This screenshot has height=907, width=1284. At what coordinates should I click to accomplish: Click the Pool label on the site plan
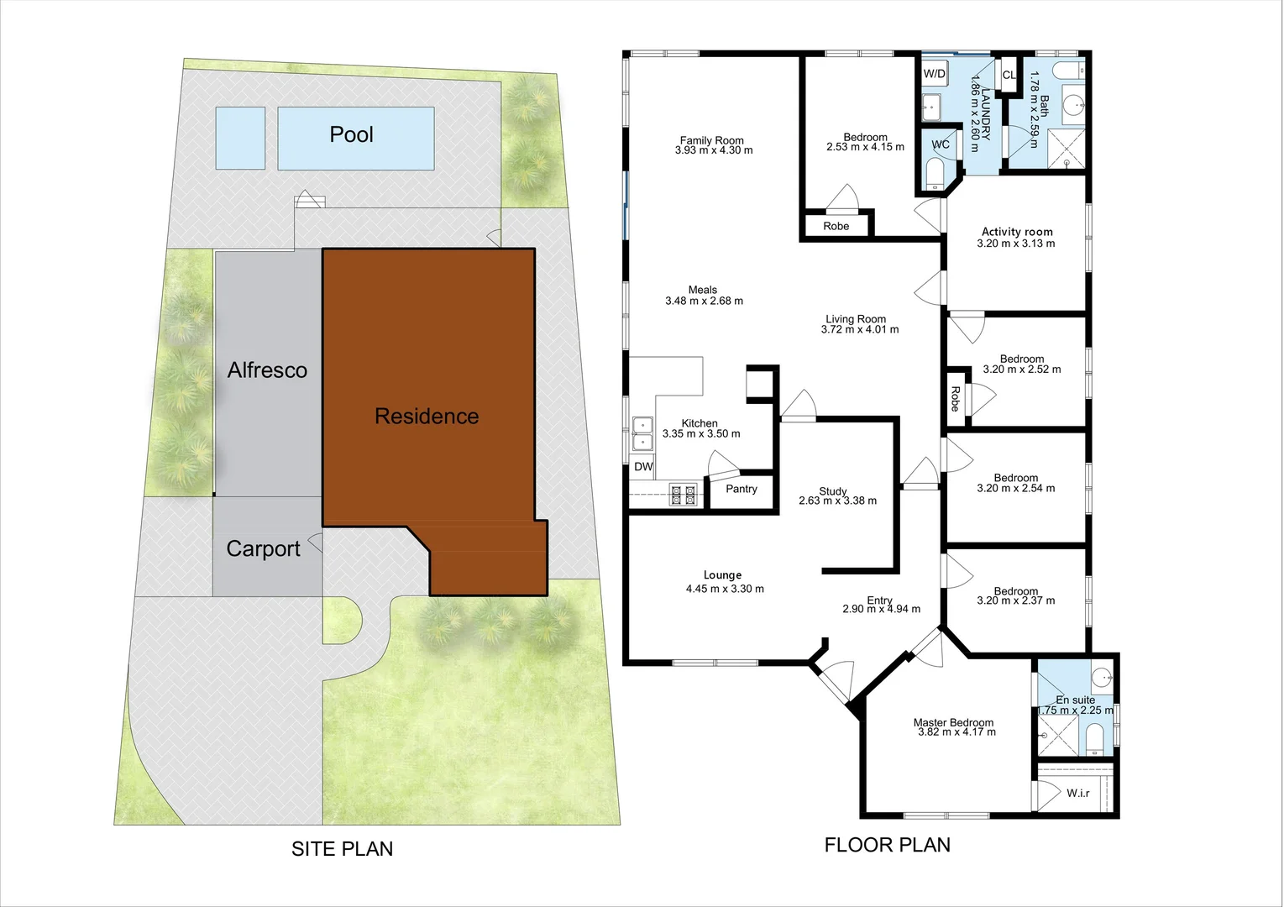tap(351, 134)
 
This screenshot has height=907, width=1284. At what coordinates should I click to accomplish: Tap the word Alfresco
tap(267, 370)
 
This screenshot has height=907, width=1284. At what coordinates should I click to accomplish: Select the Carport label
tap(263, 549)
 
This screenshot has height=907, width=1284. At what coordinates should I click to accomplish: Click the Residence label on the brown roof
tap(427, 417)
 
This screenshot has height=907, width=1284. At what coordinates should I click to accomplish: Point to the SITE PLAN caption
tap(342, 849)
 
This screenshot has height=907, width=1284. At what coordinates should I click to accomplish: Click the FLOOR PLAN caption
tap(888, 845)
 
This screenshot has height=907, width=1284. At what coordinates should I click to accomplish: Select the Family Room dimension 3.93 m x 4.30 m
tap(713, 151)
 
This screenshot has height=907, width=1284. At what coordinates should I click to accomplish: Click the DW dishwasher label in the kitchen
tap(643, 467)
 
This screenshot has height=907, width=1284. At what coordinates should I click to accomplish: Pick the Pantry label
tap(742, 489)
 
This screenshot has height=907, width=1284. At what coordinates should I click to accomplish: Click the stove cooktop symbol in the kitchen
tap(683, 494)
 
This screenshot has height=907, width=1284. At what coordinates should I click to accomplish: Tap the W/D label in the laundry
tap(935, 74)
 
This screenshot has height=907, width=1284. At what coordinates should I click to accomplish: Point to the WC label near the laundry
tap(941, 144)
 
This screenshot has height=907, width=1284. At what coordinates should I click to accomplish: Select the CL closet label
tap(1009, 76)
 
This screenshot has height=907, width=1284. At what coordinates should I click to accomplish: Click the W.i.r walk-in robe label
tap(1078, 793)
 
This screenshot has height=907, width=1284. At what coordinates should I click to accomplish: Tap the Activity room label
tap(1017, 232)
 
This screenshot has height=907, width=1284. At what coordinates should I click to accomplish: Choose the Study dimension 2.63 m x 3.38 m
tap(837, 501)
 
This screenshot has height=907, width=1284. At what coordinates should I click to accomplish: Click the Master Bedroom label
tap(953, 722)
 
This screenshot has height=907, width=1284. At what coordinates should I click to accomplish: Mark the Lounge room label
tap(722, 575)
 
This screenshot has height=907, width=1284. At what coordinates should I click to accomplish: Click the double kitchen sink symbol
tap(642, 433)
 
